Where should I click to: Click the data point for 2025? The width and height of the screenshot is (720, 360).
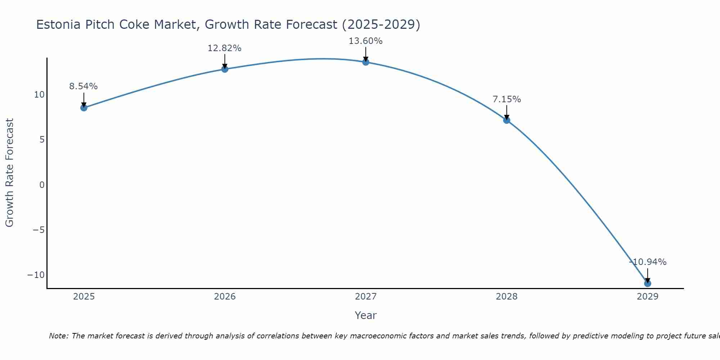coord(84,108)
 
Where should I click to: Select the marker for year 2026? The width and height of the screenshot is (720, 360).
coord(225,69)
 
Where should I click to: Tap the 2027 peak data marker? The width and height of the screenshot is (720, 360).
coord(366,62)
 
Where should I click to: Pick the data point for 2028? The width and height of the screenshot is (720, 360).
coord(507,120)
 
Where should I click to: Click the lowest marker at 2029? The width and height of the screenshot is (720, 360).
coord(648,284)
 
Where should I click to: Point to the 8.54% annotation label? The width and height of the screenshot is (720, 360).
coord(84,86)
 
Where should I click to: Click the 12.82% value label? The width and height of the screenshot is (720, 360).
coord(225,48)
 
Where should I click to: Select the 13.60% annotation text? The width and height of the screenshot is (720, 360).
coord(366,41)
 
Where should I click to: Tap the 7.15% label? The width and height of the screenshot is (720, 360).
coord(507,99)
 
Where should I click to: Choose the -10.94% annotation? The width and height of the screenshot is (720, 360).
coord(648,262)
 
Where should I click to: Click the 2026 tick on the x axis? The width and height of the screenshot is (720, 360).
coord(225,297)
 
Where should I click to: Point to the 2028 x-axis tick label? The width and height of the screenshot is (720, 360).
coord(507,297)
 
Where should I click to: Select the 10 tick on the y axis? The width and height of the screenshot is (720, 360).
coord(39,95)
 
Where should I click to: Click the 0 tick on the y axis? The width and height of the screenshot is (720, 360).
coord(42,185)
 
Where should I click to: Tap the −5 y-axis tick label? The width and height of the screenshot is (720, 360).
coord(38,230)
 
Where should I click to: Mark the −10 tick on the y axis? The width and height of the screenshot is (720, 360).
coord(36,275)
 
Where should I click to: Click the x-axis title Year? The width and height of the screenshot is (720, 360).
coord(366,315)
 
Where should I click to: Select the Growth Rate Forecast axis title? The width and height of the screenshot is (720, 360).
coord(9,173)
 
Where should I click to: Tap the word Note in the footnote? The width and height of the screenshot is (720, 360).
coord(59,336)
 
